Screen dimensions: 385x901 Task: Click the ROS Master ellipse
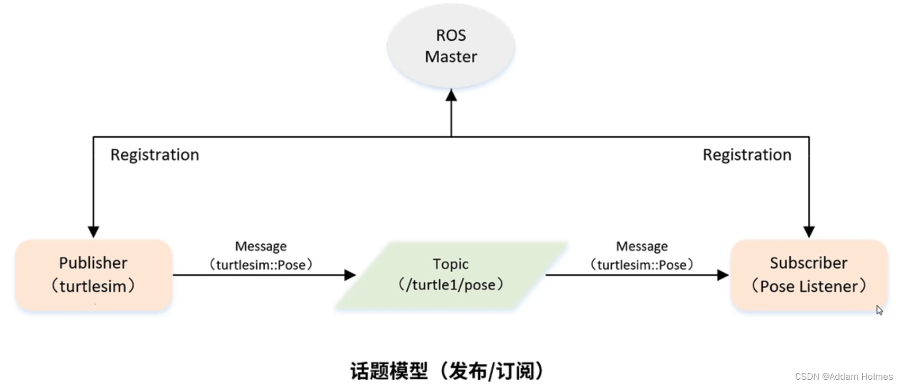point(451,46)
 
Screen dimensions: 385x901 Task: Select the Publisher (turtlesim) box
point(93,274)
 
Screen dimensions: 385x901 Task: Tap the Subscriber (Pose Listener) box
point(808,274)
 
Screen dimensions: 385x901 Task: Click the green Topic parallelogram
point(451,274)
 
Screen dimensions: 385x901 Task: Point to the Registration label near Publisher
point(155,155)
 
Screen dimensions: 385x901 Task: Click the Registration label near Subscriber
point(747,155)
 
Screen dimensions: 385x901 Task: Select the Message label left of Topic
point(261,246)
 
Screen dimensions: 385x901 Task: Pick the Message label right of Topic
point(641,246)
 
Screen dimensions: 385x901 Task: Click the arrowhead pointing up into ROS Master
point(451,95)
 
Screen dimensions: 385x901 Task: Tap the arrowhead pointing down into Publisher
point(93,232)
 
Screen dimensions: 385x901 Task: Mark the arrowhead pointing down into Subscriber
point(809,232)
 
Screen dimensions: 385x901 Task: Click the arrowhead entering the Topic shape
point(350,275)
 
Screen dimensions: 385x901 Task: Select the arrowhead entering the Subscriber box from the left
point(722,275)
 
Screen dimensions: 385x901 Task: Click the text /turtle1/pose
point(451,285)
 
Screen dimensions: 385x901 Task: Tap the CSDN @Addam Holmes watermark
point(843,377)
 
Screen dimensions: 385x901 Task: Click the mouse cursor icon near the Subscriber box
point(879,310)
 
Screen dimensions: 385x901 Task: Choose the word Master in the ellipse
point(451,57)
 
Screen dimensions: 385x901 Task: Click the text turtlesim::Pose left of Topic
point(261,265)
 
